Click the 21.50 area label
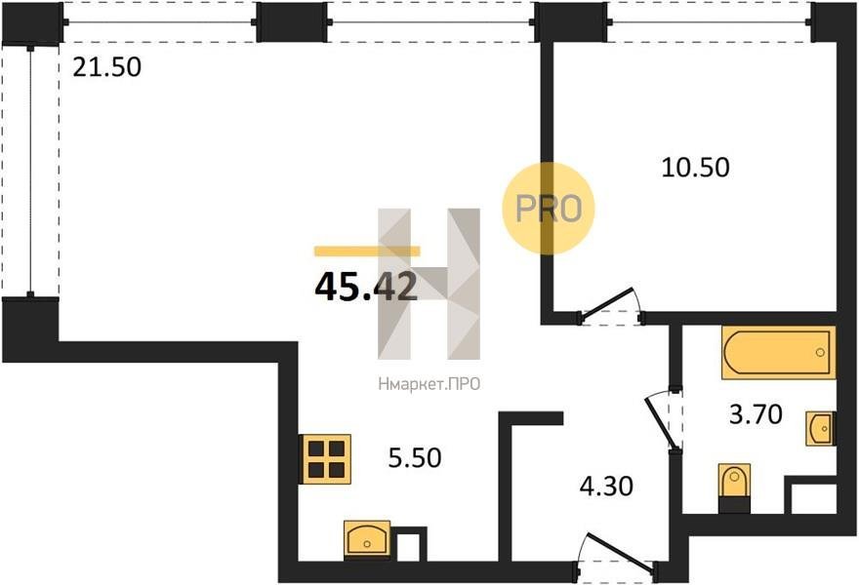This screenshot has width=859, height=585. click(x=106, y=67)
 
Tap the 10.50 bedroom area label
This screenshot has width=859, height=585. click(x=695, y=167)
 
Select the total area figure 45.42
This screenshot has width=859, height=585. click(x=366, y=287)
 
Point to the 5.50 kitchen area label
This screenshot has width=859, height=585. click(x=415, y=457)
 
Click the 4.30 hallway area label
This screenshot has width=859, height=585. click(x=606, y=486)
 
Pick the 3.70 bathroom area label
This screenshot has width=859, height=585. click(x=756, y=414)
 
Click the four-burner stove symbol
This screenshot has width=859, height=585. click(x=327, y=458)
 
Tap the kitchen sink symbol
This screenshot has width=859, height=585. click(x=367, y=538)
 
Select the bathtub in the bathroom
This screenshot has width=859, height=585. click(x=779, y=352)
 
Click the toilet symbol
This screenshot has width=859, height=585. click(x=734, y=487)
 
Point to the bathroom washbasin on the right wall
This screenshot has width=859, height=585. click(x=820, y=428)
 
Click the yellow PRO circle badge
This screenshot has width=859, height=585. click(x=548, y=209)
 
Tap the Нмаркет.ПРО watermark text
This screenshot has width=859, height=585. click(x=429, y=385)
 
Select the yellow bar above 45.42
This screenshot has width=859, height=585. click(x=367, y=252)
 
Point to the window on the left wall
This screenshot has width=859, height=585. click(x=30, y=171)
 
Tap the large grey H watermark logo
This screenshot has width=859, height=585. click(x=429, y=284)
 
